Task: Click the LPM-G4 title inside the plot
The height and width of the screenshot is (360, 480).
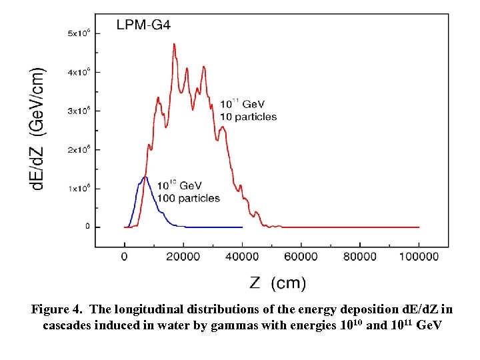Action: (143, 26)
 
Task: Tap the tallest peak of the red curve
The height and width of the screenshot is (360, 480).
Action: (174, 45)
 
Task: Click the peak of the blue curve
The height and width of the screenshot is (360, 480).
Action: (145, 177)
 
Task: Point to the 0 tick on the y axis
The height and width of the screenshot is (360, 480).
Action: (87, 227)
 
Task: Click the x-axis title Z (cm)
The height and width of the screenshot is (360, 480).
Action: (277, 283)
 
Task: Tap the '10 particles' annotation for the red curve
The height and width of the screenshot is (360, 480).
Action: (248, 117)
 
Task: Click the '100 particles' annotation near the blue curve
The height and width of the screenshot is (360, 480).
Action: (189, 198)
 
